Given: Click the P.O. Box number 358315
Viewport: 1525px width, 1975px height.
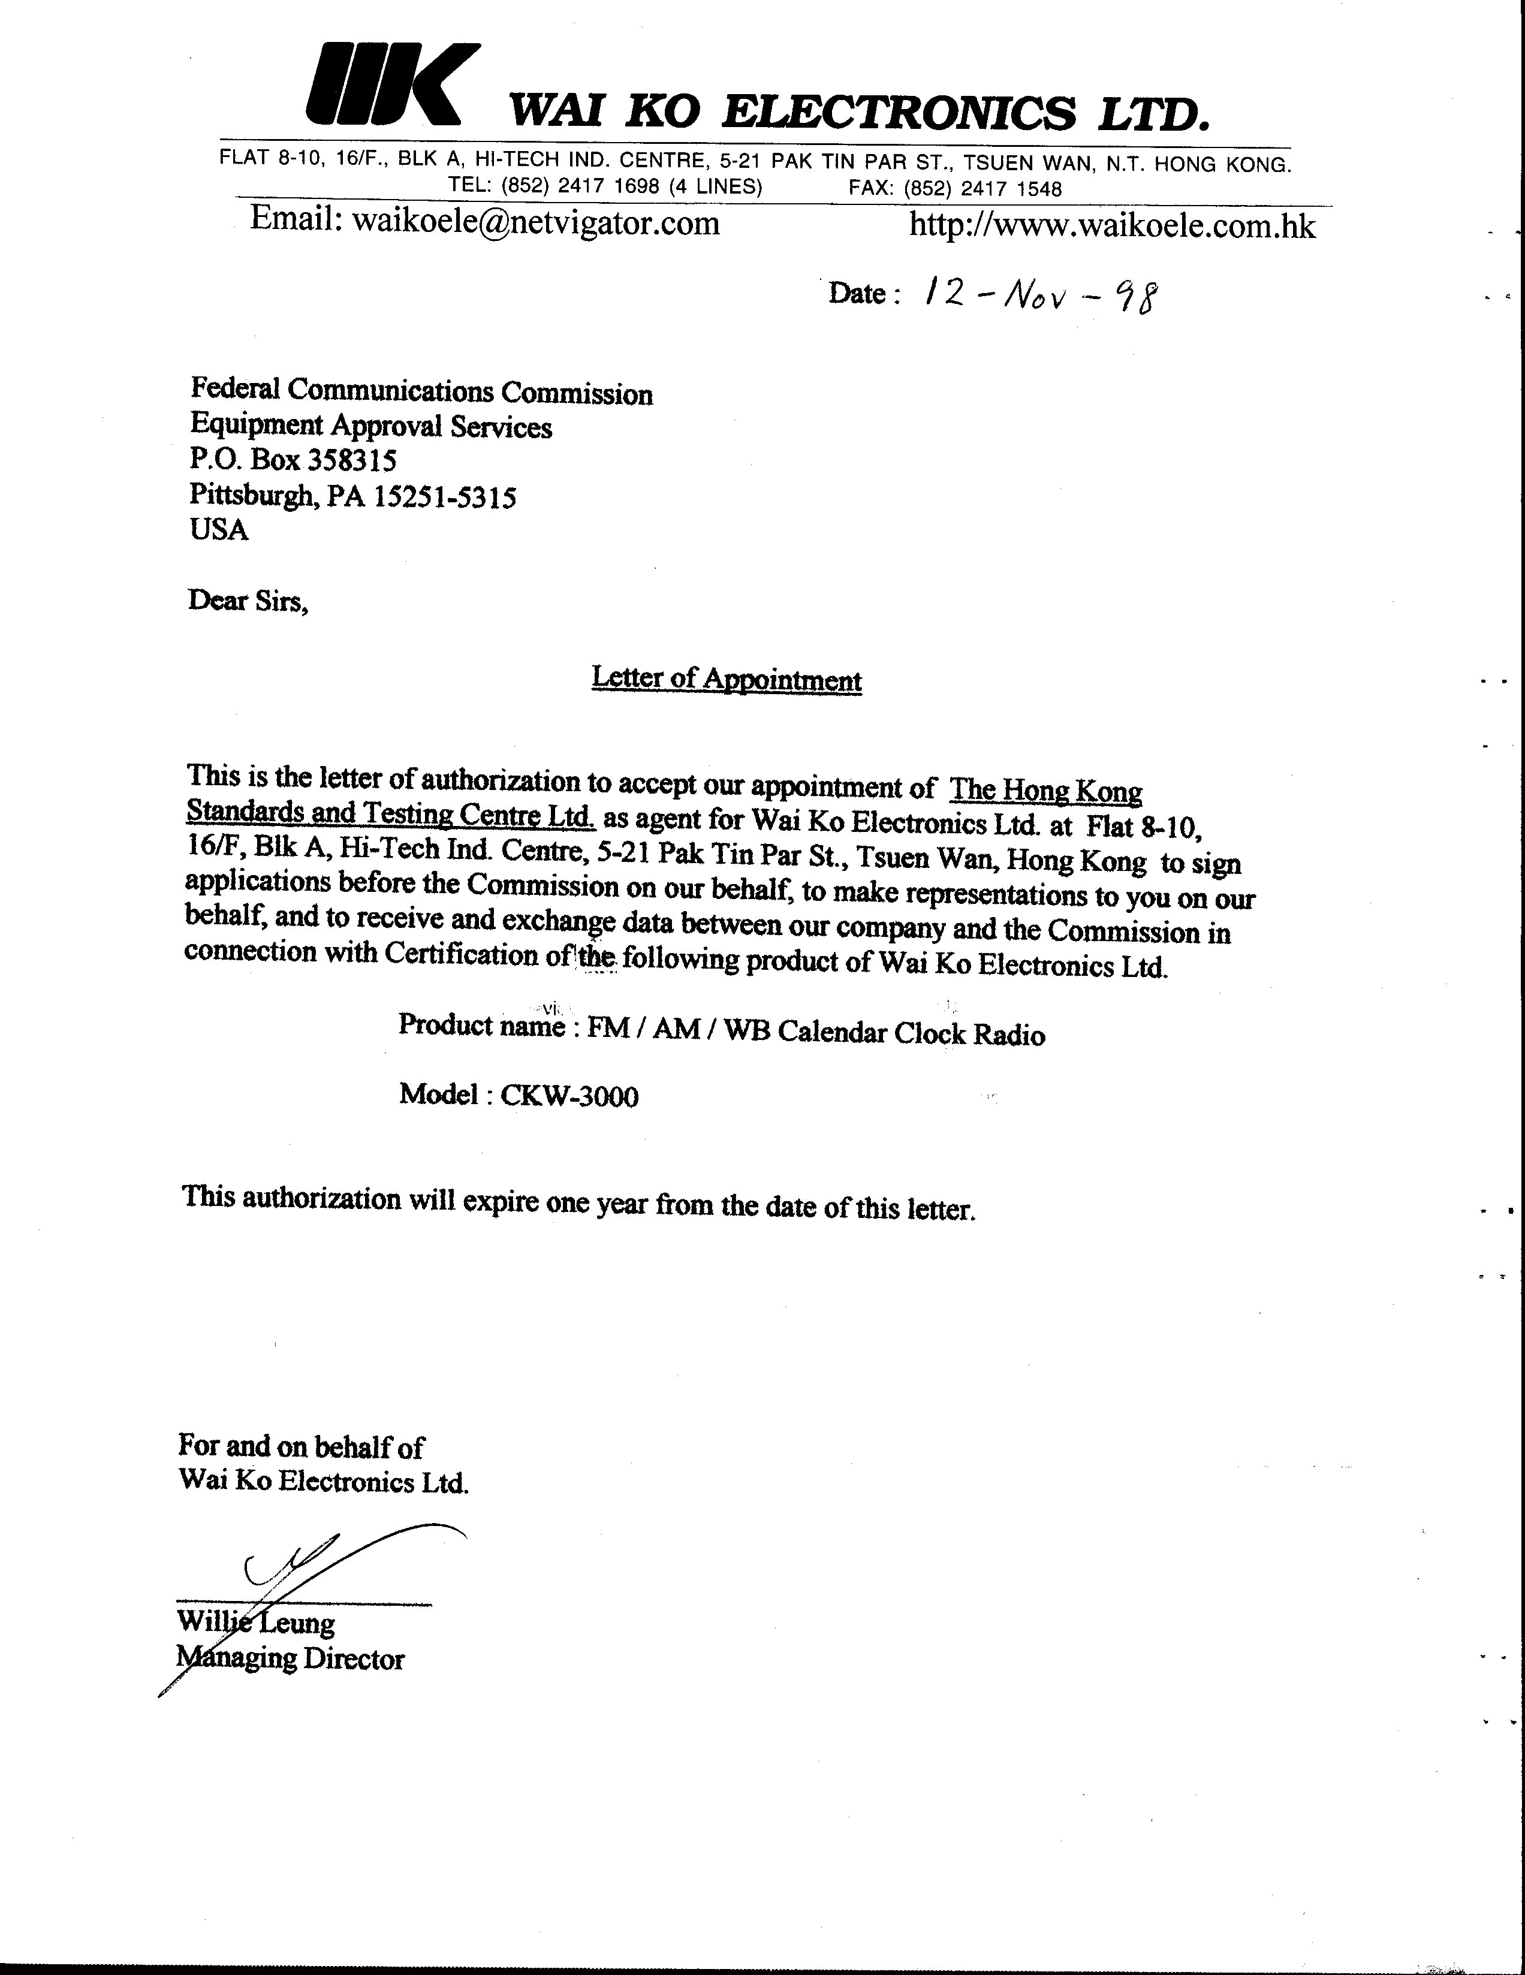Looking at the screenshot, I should click(x=352, y=461).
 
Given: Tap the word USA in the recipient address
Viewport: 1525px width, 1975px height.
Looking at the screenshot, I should click(x=219, y=530).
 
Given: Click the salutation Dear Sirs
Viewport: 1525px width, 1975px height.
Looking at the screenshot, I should click(x=248, y=601).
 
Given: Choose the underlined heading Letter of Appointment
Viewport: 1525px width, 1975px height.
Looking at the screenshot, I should click(x=727, y=679).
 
